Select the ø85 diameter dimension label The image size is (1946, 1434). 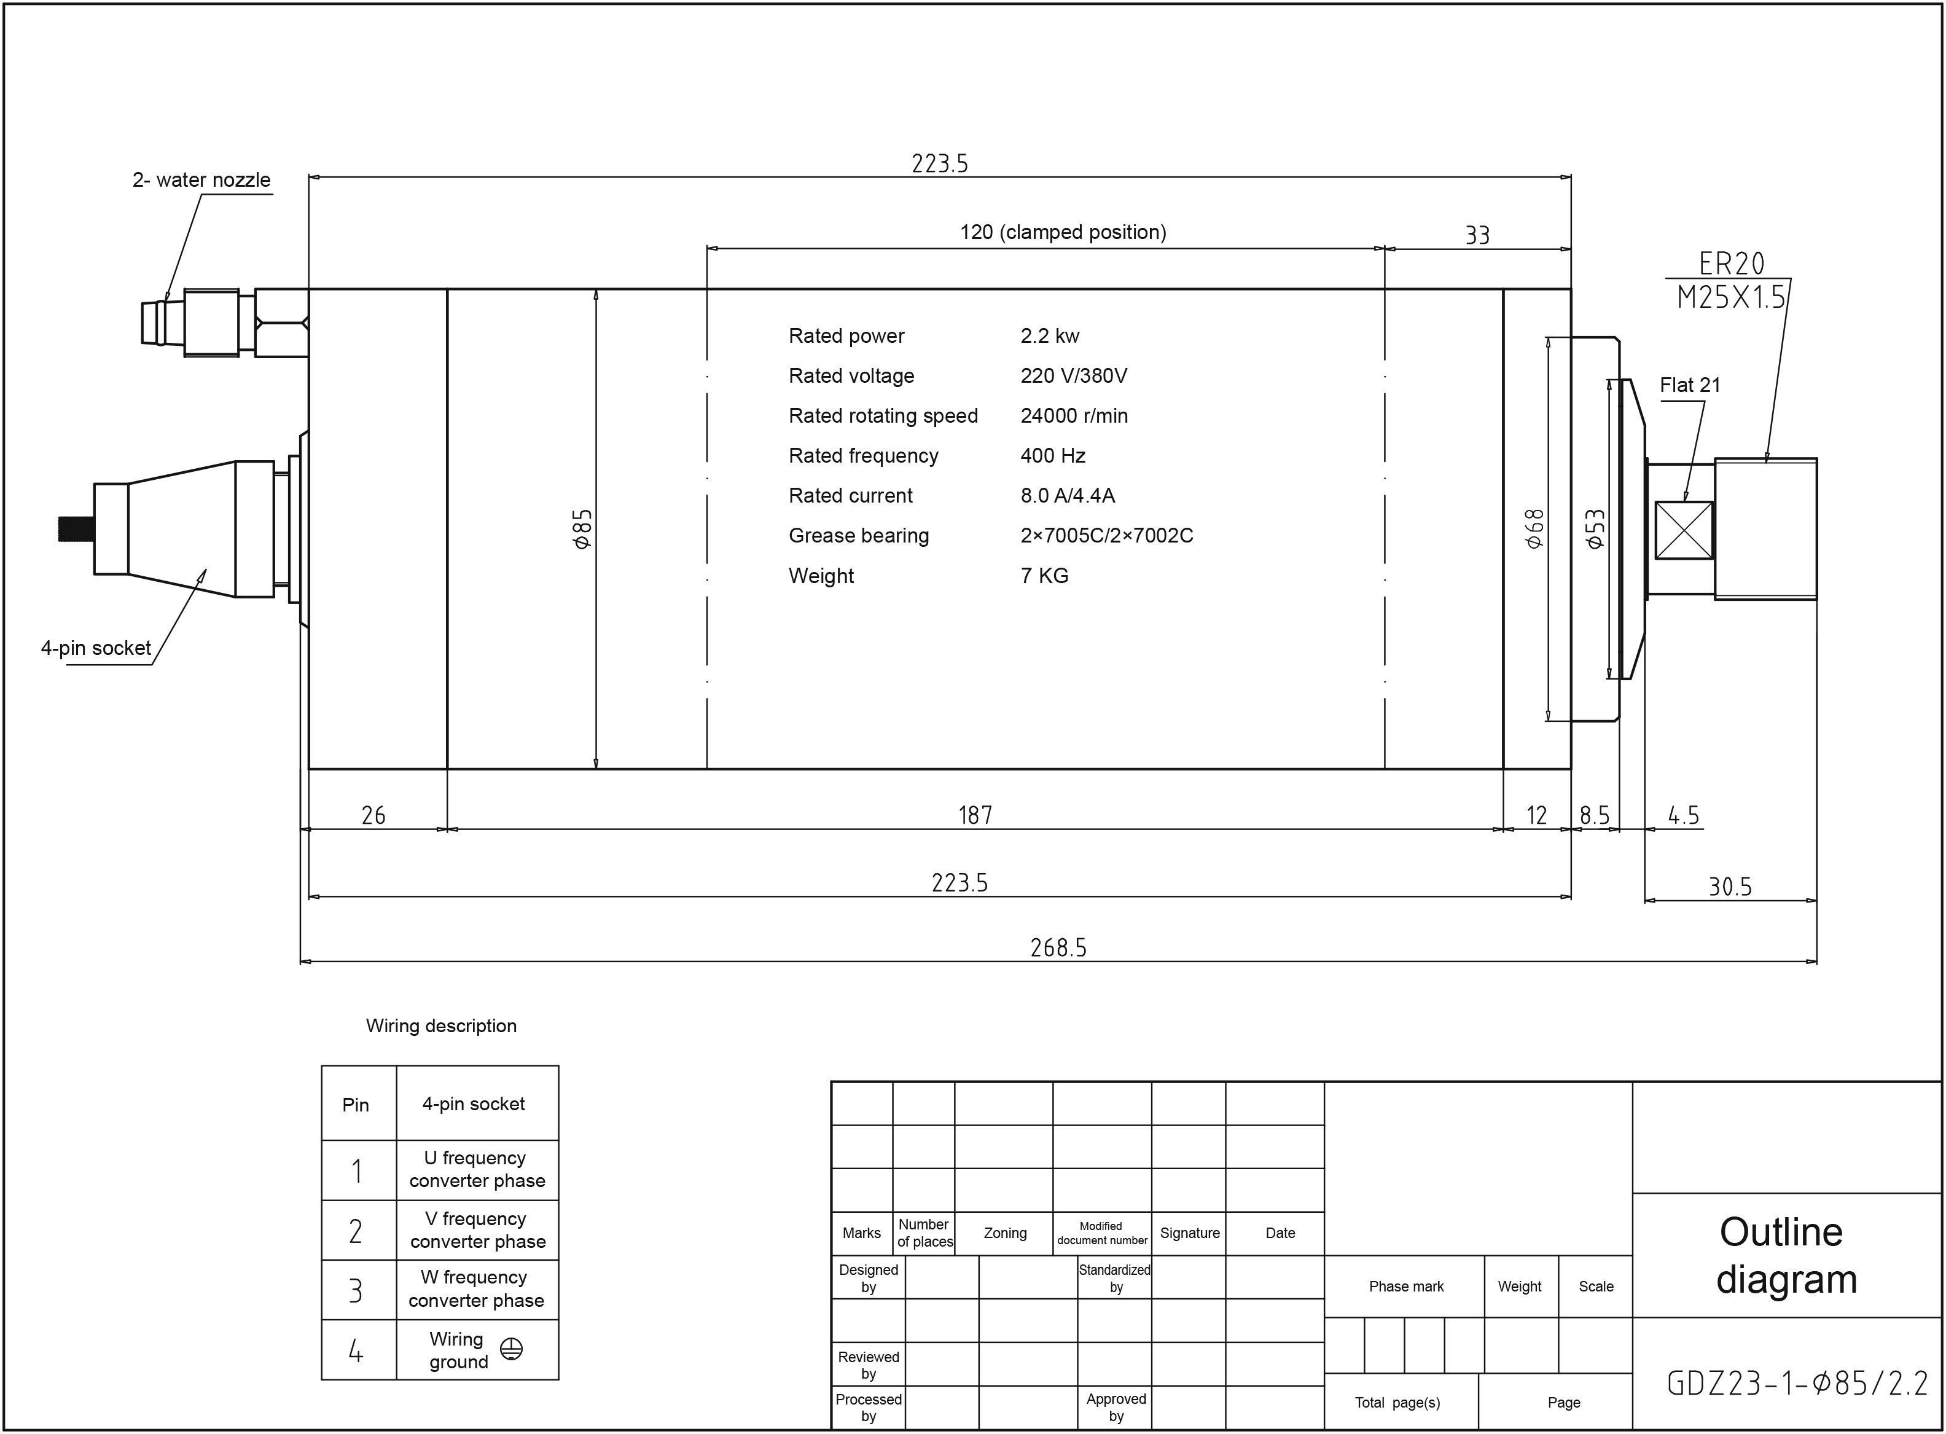pyautogui.click(x=582, y=528)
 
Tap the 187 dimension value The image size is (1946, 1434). pyautogui.click(x=975, y=815)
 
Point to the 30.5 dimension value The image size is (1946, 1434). pyautogui.click(x=1730, y=887)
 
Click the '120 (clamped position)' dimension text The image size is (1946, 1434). pyautogui.click(x=1063, y=232)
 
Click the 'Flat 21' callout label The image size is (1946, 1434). pyautogui.click(x=1690, y=385)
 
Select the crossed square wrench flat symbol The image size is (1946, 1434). pyautogui.click(x=1684, y=530)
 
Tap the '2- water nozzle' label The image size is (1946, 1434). pyautogui.click(x=201, y=179)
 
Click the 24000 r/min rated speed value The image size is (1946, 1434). pyautogui.click(x=1074, y=416)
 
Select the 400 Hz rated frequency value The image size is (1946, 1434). pyautogui.click(x=1053, y=456)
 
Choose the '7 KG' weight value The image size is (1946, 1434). pyautogui.click(x=1044, y=576)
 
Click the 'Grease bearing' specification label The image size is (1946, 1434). pyautogui.click(x=858, y=536)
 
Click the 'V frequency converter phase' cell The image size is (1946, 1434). pyautogui.click(x=477, y=1230)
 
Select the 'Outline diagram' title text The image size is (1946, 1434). pyautogui.click(x=1786, y=1255)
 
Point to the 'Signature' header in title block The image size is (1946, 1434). pyautogui.click(x=1190, y=1232)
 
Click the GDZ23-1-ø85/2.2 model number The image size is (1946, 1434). pyautogui.click(x=1797, y=1383)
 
